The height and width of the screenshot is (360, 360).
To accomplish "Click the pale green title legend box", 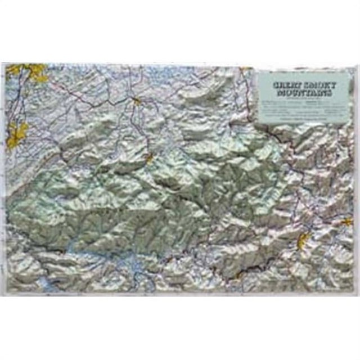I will pyautogui.click(x=305, y=98).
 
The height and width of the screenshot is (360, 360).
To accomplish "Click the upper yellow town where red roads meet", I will pyautogui.click(x=137, y=101).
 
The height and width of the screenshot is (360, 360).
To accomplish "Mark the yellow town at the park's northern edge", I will pyautogui.click(x=148, y=158).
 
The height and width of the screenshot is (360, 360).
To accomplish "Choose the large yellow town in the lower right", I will pyautogui.click(x=304, y=240).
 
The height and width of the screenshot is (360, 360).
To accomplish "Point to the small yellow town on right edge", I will pyautogui.click(x=347, y=221).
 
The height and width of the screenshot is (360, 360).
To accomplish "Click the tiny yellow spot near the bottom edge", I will pyautogui.click(x=238, y=276).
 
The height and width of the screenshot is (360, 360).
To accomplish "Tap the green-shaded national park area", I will pyautogui.click(x=112, y=202).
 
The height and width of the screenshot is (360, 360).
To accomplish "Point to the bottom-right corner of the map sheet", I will pyautogui.click(x=354, y=293).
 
